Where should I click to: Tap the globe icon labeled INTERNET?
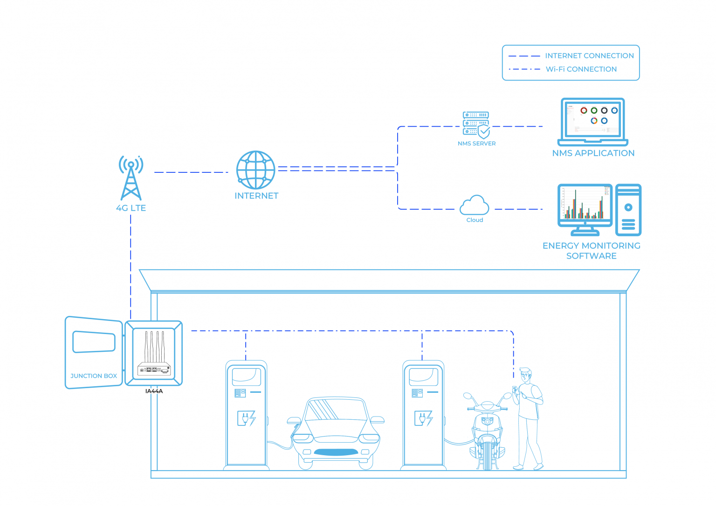pos(255,170)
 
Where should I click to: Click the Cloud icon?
pos(474,205)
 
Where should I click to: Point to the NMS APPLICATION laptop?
pos(593,122)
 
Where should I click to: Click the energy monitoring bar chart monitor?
pos(585,205)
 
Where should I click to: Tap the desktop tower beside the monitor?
pos(628,210)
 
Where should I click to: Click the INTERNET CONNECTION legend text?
pos(589,56)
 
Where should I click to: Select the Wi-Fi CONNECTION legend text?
pos(581,69)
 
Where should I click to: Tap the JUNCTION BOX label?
pos(94,376)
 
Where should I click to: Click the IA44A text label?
pos(154,391)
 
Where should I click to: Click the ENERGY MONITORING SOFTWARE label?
pos(591,251)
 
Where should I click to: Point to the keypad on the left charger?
pos(240,393)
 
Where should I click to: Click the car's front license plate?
pos(336,452)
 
